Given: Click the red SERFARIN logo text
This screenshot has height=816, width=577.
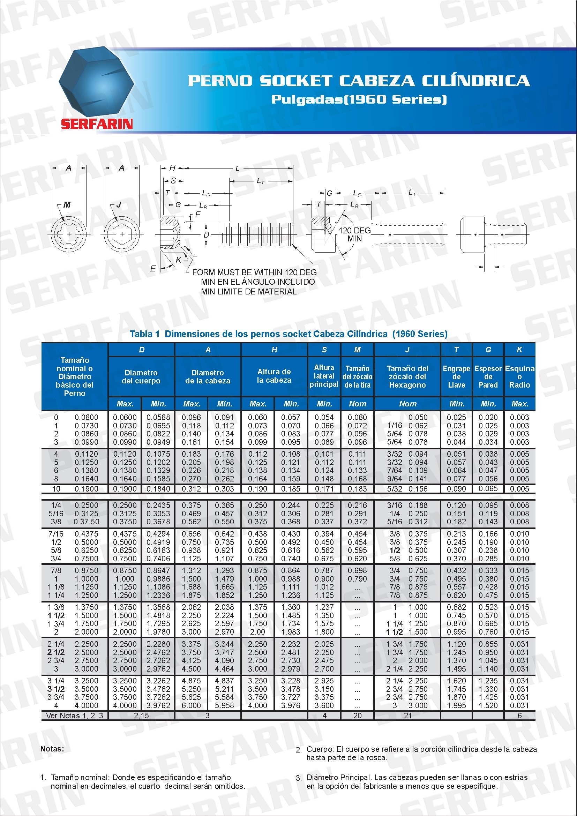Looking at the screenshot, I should (x=97, y=124).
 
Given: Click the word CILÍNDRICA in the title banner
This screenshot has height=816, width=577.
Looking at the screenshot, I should (x=475, y=81).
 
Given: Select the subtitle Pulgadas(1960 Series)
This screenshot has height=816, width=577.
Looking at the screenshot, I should (x=359, y=99).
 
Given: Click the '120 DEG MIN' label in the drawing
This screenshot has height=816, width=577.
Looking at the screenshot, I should (x=354, y=234).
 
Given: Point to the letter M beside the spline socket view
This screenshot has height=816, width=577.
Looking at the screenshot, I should (x=67, y=205).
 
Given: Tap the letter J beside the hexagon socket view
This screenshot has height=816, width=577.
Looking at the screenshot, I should (x=119, y=205).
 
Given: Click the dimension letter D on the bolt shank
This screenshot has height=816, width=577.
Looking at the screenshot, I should (x=207, y=234).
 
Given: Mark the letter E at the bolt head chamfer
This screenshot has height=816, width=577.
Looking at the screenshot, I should (x=153, y=269).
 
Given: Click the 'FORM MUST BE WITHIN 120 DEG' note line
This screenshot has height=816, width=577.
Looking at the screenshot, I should (x=254, y=272).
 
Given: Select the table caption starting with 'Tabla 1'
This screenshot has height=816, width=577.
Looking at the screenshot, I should (x=288, y=334).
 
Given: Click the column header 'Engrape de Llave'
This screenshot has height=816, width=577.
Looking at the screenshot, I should (x=456, y=377).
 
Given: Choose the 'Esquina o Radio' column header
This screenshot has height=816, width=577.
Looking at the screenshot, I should (x=519, y=377).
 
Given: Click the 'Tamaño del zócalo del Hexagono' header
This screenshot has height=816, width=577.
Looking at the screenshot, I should (x=407, y=377).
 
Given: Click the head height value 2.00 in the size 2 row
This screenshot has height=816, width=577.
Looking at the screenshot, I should (x=257, y=632).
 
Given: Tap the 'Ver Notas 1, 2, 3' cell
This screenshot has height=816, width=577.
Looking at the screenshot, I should (x=75, y=716).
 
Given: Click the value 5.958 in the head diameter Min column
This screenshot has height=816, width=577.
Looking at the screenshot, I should (x=224, y=705).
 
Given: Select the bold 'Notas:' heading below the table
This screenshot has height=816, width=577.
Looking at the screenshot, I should (x=52, y=749).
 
